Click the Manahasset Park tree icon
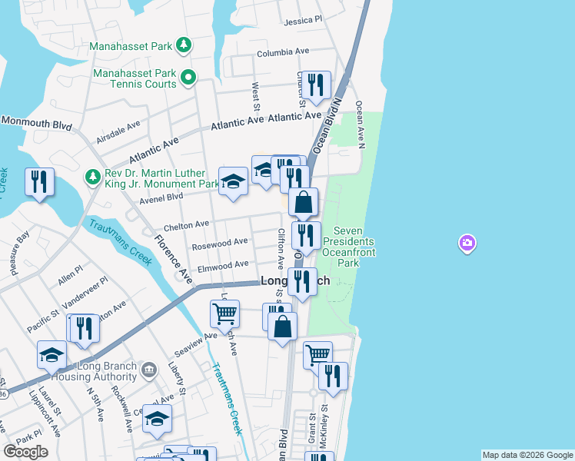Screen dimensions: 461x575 coord(183,45)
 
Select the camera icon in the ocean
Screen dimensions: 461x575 coord(467,244)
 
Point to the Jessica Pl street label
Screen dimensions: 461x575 coord(303,21)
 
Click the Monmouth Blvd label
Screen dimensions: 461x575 coord(36,121)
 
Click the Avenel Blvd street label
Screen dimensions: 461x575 coord(161,197)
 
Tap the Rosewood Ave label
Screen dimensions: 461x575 coord(220,243)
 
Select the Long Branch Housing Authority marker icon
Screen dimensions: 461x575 coord(150,371)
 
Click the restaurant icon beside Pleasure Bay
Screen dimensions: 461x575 coord(39,181)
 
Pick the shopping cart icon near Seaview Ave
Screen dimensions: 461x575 coord(224,312)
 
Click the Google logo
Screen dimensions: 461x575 coord(25,452)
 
